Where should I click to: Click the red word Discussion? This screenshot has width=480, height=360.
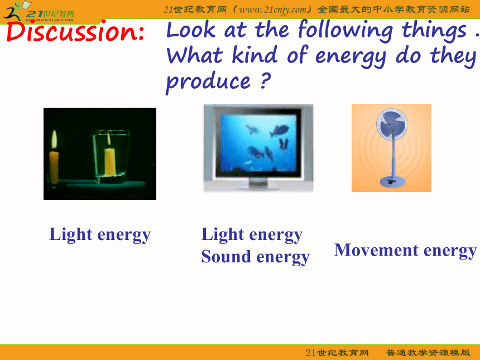pyautogui.click(x=75, y=32)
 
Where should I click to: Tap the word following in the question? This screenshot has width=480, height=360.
pyautogui.click(x=345, y=31)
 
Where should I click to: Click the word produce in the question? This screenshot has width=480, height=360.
pyautogui.click(x=208, y=81)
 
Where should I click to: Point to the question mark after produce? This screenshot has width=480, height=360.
pyautogui.click(x=265, y=80)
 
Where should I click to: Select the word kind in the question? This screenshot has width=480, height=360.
pyautogui.click(x=255, y=55)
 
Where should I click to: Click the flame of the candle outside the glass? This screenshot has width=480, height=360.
pyautogui.click(x=54, y=140)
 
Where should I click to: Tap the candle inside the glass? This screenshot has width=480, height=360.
pyautogui.click(x=110, y=162)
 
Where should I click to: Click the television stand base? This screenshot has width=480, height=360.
pyautogui.click(x=258, y=185)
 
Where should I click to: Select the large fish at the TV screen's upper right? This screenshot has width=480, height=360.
pyautogui.click(x=280, y=131)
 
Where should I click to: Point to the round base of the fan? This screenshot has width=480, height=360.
pyautogui.click(x=392, y=181)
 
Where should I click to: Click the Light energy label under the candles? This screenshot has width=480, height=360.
pyautogui.click(x=100, y=235)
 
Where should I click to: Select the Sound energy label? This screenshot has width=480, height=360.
pyautogui.click(x=255, y=257)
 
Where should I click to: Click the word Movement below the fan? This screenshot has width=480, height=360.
pyautogui.click(x=376, y=250)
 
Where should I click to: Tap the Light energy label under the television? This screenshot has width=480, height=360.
pyautogui.click(x=252, y=235)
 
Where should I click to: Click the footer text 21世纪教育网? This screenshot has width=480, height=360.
pyautogui.click(x=337, y=353)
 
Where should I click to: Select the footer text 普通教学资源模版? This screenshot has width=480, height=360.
pyautogui.click(x=428, y=353)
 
